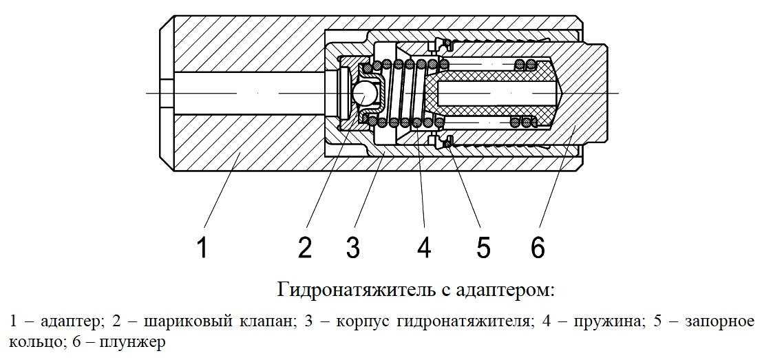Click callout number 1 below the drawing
pyautogui.click(x=202, y=247)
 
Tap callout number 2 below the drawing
pyautogui.click(x=305, y=247)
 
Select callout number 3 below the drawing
pyautogui.click(x=353, y=247)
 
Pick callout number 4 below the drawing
pyautogui.click(x=424, y=247)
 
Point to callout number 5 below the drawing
pyautogui.click(x=483, y=247)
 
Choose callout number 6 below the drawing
pyautogui.click(x=538, y=247)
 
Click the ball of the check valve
pyautogui.click(x=363, y=93)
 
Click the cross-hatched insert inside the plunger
pyautogui.click(x=496, y=72)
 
